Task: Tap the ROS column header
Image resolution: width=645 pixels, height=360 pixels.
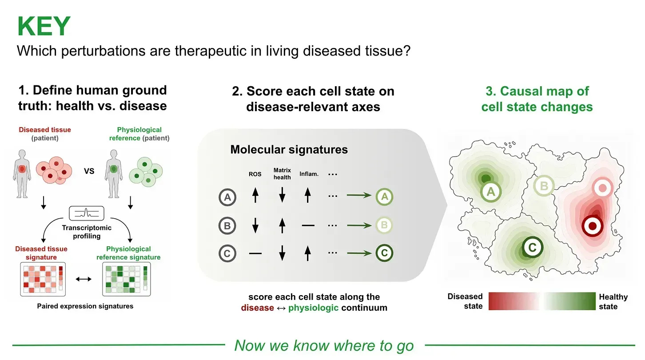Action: tap(255, 174)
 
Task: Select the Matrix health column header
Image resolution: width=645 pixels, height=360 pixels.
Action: tap(282, 174)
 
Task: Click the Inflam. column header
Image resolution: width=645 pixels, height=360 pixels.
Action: tap(309, 174)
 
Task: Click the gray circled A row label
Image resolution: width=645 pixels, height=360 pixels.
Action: tap(227, 197)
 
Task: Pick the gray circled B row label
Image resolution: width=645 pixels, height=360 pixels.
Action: tap(227, 225)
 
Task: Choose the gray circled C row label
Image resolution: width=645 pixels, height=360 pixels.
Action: tap(227, 253)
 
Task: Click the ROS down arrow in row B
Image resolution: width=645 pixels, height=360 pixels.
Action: tap(255, 225)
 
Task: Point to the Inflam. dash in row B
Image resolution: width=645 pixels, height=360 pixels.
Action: tap(308, 225)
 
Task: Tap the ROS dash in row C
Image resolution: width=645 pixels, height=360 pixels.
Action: tap(255, 253)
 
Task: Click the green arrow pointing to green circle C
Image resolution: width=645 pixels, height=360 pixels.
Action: tap(359, 253)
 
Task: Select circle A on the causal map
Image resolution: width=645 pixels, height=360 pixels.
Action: tap(491, 192)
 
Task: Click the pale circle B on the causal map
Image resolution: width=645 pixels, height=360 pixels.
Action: tap(544, 186)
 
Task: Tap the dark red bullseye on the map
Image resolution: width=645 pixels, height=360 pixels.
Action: tap(592, 226)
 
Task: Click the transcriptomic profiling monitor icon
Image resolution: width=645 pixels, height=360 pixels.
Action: tap(87, 213)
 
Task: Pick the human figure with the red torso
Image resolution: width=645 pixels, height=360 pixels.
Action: tap(22, 174)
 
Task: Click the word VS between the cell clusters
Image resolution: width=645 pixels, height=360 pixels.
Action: tap(89, 171)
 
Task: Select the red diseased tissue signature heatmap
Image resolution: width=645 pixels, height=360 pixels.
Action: tap(43, 279)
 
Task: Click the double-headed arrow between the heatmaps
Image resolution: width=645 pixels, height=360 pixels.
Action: tap(84, 279)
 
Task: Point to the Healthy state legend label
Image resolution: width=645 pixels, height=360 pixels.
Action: tap(613, 301)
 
